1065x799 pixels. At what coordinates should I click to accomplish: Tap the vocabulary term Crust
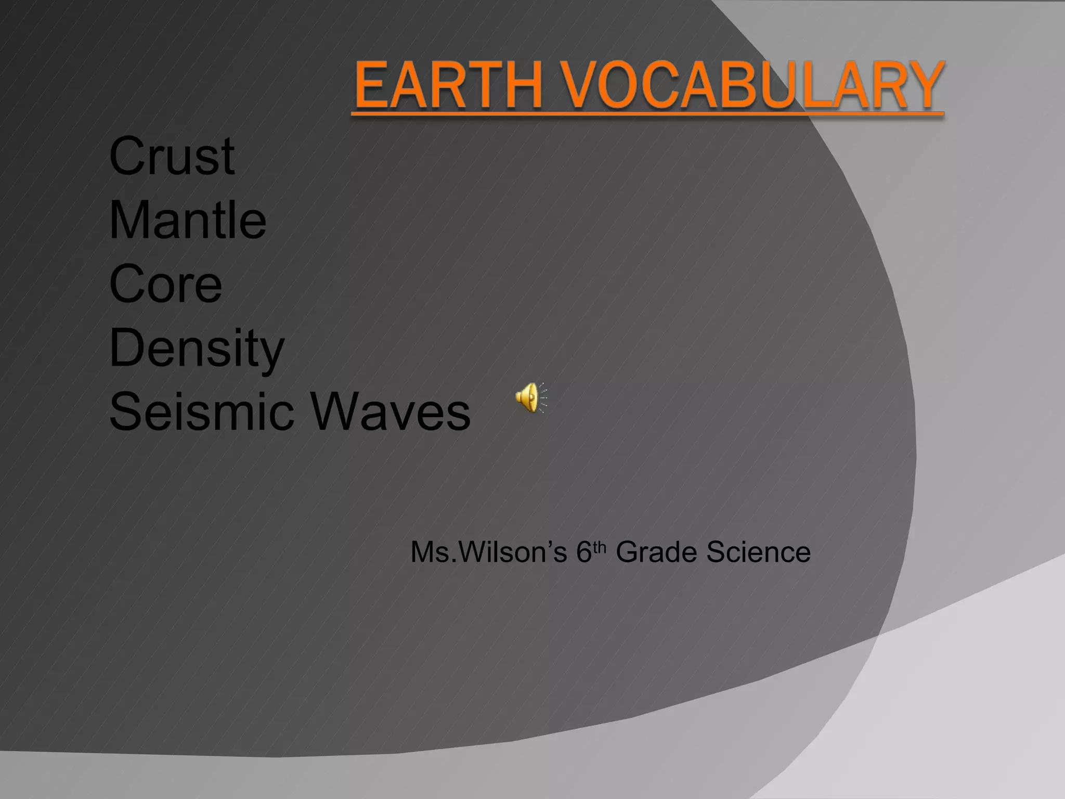point(172,156)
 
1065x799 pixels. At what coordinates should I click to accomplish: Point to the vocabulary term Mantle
point(188,220)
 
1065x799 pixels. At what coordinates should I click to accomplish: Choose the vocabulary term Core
point(165,284)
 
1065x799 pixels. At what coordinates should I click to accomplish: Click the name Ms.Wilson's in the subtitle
point(488,552)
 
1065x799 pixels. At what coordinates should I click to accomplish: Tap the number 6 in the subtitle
point(584,552)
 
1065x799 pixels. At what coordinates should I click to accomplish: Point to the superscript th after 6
point(600,547)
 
